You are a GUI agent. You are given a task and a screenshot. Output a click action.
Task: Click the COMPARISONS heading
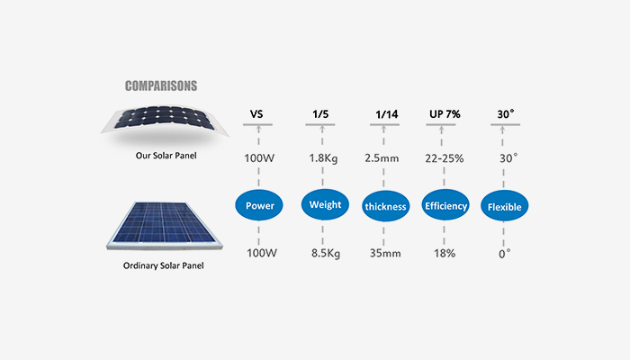(x=161, y=87)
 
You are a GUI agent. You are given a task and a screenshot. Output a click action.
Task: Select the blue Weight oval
(x=325, y=205)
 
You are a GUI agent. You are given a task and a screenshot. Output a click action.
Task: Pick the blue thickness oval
(x=386, y=206)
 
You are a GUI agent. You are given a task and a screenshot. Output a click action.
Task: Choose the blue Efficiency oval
(x=445, y=206)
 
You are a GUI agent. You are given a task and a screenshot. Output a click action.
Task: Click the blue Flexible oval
(x=505, y=206)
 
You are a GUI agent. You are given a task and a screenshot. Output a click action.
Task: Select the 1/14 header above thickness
(x=386, y=115)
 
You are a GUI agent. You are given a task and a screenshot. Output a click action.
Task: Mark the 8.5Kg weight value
(x=326, y=253)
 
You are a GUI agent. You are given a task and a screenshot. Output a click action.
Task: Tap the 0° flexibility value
(x=505, y=253)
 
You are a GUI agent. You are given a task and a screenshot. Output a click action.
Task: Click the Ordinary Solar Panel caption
(x=162, y=266)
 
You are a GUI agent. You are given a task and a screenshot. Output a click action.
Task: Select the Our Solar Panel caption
(x=161, y=154)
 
